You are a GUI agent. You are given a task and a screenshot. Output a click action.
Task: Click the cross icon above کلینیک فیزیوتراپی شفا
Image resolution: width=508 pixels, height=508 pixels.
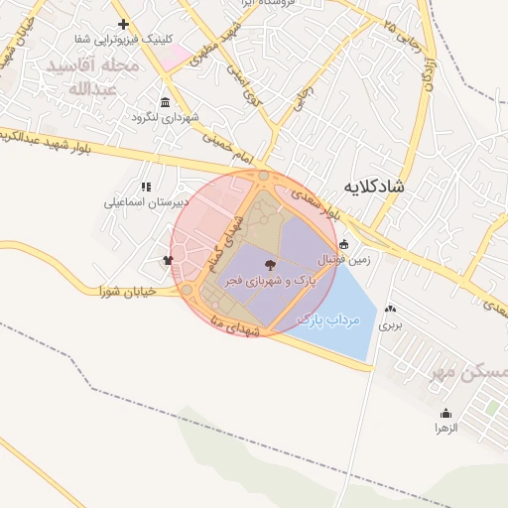(x=123, y=24)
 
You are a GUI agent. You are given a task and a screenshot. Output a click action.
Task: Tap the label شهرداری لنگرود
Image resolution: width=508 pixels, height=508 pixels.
(x=165, y=117)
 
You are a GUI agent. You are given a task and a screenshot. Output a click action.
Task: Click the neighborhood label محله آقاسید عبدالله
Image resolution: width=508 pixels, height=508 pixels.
(x=95, y=75)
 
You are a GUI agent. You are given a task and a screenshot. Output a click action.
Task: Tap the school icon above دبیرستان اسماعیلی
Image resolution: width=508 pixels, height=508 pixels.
(x=146, y=187)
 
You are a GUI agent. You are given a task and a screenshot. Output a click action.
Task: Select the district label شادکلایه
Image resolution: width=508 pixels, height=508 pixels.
(x=374, y=186)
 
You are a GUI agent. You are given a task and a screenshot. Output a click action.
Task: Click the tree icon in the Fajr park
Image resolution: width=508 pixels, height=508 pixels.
(x=271, y=264)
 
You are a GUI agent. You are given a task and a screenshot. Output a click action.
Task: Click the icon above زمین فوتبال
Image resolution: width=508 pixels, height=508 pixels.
(x=344, y=244)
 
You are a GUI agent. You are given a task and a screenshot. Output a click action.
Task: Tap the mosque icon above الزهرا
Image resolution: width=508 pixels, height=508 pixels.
(x=445, y=413)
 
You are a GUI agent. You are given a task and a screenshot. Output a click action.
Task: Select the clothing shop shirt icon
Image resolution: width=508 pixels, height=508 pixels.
(x=168, y=261)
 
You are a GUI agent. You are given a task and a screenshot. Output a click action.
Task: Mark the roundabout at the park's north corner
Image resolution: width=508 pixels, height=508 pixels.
(x=264, y=178)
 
